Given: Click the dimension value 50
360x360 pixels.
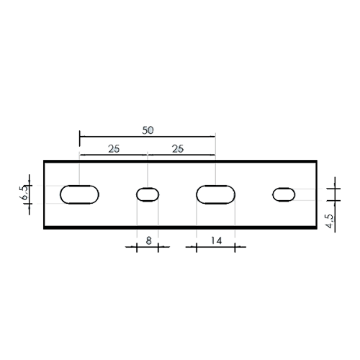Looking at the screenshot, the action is click(x=148, y=130).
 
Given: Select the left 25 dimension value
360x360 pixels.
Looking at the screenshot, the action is click(x=114, y=149).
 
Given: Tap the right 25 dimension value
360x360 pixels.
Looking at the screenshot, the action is click(x=178, y=149).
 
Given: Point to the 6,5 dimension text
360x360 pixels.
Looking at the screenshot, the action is click(x=24, y=194).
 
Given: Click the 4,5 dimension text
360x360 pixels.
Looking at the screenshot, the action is click(x=330, y=221).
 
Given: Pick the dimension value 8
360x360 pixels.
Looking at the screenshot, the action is click(x=149, y=240).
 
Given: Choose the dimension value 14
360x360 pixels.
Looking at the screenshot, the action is click(x=216, y=240).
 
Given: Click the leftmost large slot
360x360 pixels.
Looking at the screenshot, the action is click(x=79, y=194).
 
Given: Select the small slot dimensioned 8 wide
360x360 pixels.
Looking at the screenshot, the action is click(x=148, y=194).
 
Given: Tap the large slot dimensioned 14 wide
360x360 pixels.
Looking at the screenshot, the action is click(x=215, y=194).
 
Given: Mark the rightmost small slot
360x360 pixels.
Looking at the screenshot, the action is click(x=284, y=194).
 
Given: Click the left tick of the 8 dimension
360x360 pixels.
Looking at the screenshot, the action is click(x=137, y=248).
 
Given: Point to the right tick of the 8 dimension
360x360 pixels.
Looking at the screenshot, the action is click(x=158, y=248).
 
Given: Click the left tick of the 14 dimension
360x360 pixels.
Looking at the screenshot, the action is click(x=197, y=248).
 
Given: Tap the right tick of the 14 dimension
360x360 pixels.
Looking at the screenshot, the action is click(x=235, y=248).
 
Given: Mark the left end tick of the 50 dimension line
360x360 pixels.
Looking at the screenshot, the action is click(x=80, y=138).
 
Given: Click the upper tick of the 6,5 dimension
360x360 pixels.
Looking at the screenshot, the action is click(x=30, y=186).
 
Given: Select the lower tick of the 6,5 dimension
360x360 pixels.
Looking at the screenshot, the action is click(x=30, y=204).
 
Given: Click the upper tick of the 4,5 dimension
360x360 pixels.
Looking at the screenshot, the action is click(x=335, y=189).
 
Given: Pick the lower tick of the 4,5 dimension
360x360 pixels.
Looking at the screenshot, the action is click(x=335, y=200).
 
